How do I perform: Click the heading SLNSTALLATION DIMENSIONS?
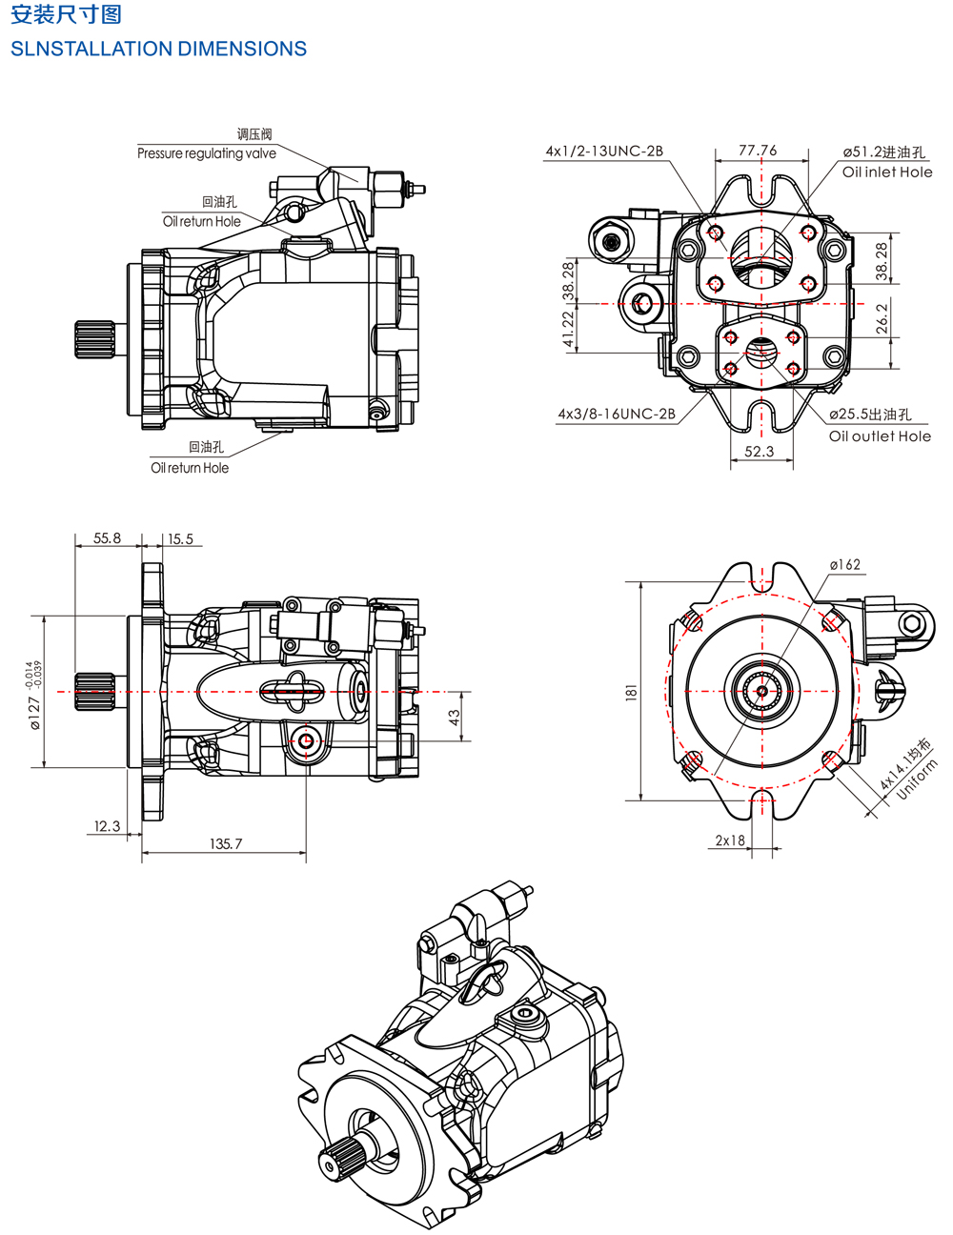coord(158,49)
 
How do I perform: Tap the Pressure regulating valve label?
coord(207,153)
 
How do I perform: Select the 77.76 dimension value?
coord(758,151)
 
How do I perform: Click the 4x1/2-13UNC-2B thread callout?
coord(604,151)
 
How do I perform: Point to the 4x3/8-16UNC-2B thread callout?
coord(617,414)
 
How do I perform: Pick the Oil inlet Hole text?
coord(887,172)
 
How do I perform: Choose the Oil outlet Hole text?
coord(880,436)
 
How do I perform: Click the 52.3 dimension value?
coord(760,452)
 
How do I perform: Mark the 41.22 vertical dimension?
coord(569,329)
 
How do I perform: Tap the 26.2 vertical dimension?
coord(882,316)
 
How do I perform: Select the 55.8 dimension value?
coord(107,538)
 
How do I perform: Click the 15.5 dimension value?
coord(180,539)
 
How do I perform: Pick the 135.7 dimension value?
coord(226,844)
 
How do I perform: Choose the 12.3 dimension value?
coord(107,826)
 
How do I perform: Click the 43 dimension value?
coord(455,717)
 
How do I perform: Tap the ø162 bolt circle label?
coord(844,565)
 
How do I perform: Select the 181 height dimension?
coord(631,693)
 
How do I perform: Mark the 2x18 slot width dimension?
coord(730,840)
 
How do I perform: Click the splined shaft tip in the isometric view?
coord(331,1164)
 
